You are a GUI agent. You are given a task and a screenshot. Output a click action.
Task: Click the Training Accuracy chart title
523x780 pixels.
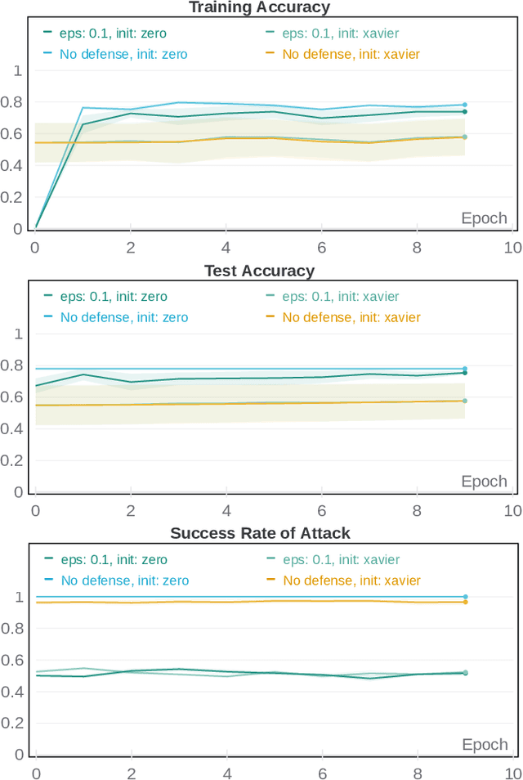click(259, 7)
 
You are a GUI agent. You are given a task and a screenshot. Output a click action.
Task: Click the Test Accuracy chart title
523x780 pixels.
click(259, 271)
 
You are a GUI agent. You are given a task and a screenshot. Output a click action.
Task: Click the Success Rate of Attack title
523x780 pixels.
click(260, 533)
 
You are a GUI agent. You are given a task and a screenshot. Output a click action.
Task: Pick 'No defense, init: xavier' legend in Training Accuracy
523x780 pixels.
click(351, 54)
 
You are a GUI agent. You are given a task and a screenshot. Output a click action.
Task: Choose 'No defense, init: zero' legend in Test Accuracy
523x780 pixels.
click(123, 317)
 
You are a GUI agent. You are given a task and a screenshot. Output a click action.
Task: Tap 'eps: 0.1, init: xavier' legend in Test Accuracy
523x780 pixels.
click(341, 297)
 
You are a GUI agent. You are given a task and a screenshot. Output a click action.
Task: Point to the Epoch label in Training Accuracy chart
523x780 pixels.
click(484, 218)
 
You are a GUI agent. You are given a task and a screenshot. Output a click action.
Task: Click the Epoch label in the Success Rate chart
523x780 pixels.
click(485, 744)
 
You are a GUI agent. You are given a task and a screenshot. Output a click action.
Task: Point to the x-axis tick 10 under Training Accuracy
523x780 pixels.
click(512, 247)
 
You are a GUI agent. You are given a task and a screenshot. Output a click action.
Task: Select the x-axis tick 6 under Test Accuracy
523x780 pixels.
click(322, 510)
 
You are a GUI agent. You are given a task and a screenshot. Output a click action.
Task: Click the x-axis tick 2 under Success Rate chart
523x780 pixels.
click(131, 773)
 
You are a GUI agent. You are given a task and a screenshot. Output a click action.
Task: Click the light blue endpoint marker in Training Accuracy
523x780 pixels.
click(465, 105)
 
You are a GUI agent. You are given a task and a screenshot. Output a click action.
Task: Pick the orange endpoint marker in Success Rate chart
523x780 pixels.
click(465, 602)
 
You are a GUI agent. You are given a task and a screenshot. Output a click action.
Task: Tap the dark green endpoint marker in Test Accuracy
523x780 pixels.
click(465, 373)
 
